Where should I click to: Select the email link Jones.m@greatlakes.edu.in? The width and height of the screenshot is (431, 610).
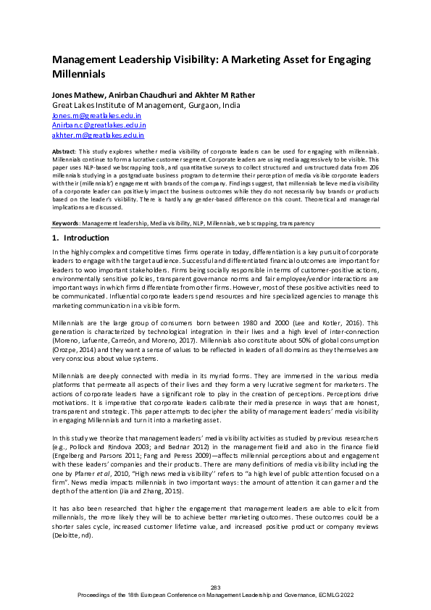click(x=96, y=115)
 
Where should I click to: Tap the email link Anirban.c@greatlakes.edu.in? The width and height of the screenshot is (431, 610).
click(x=99, y=125)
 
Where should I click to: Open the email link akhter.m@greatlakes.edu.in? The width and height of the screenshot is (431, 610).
click(x=98, y=135)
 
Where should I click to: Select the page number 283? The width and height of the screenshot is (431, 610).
click(x=215, y=587)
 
